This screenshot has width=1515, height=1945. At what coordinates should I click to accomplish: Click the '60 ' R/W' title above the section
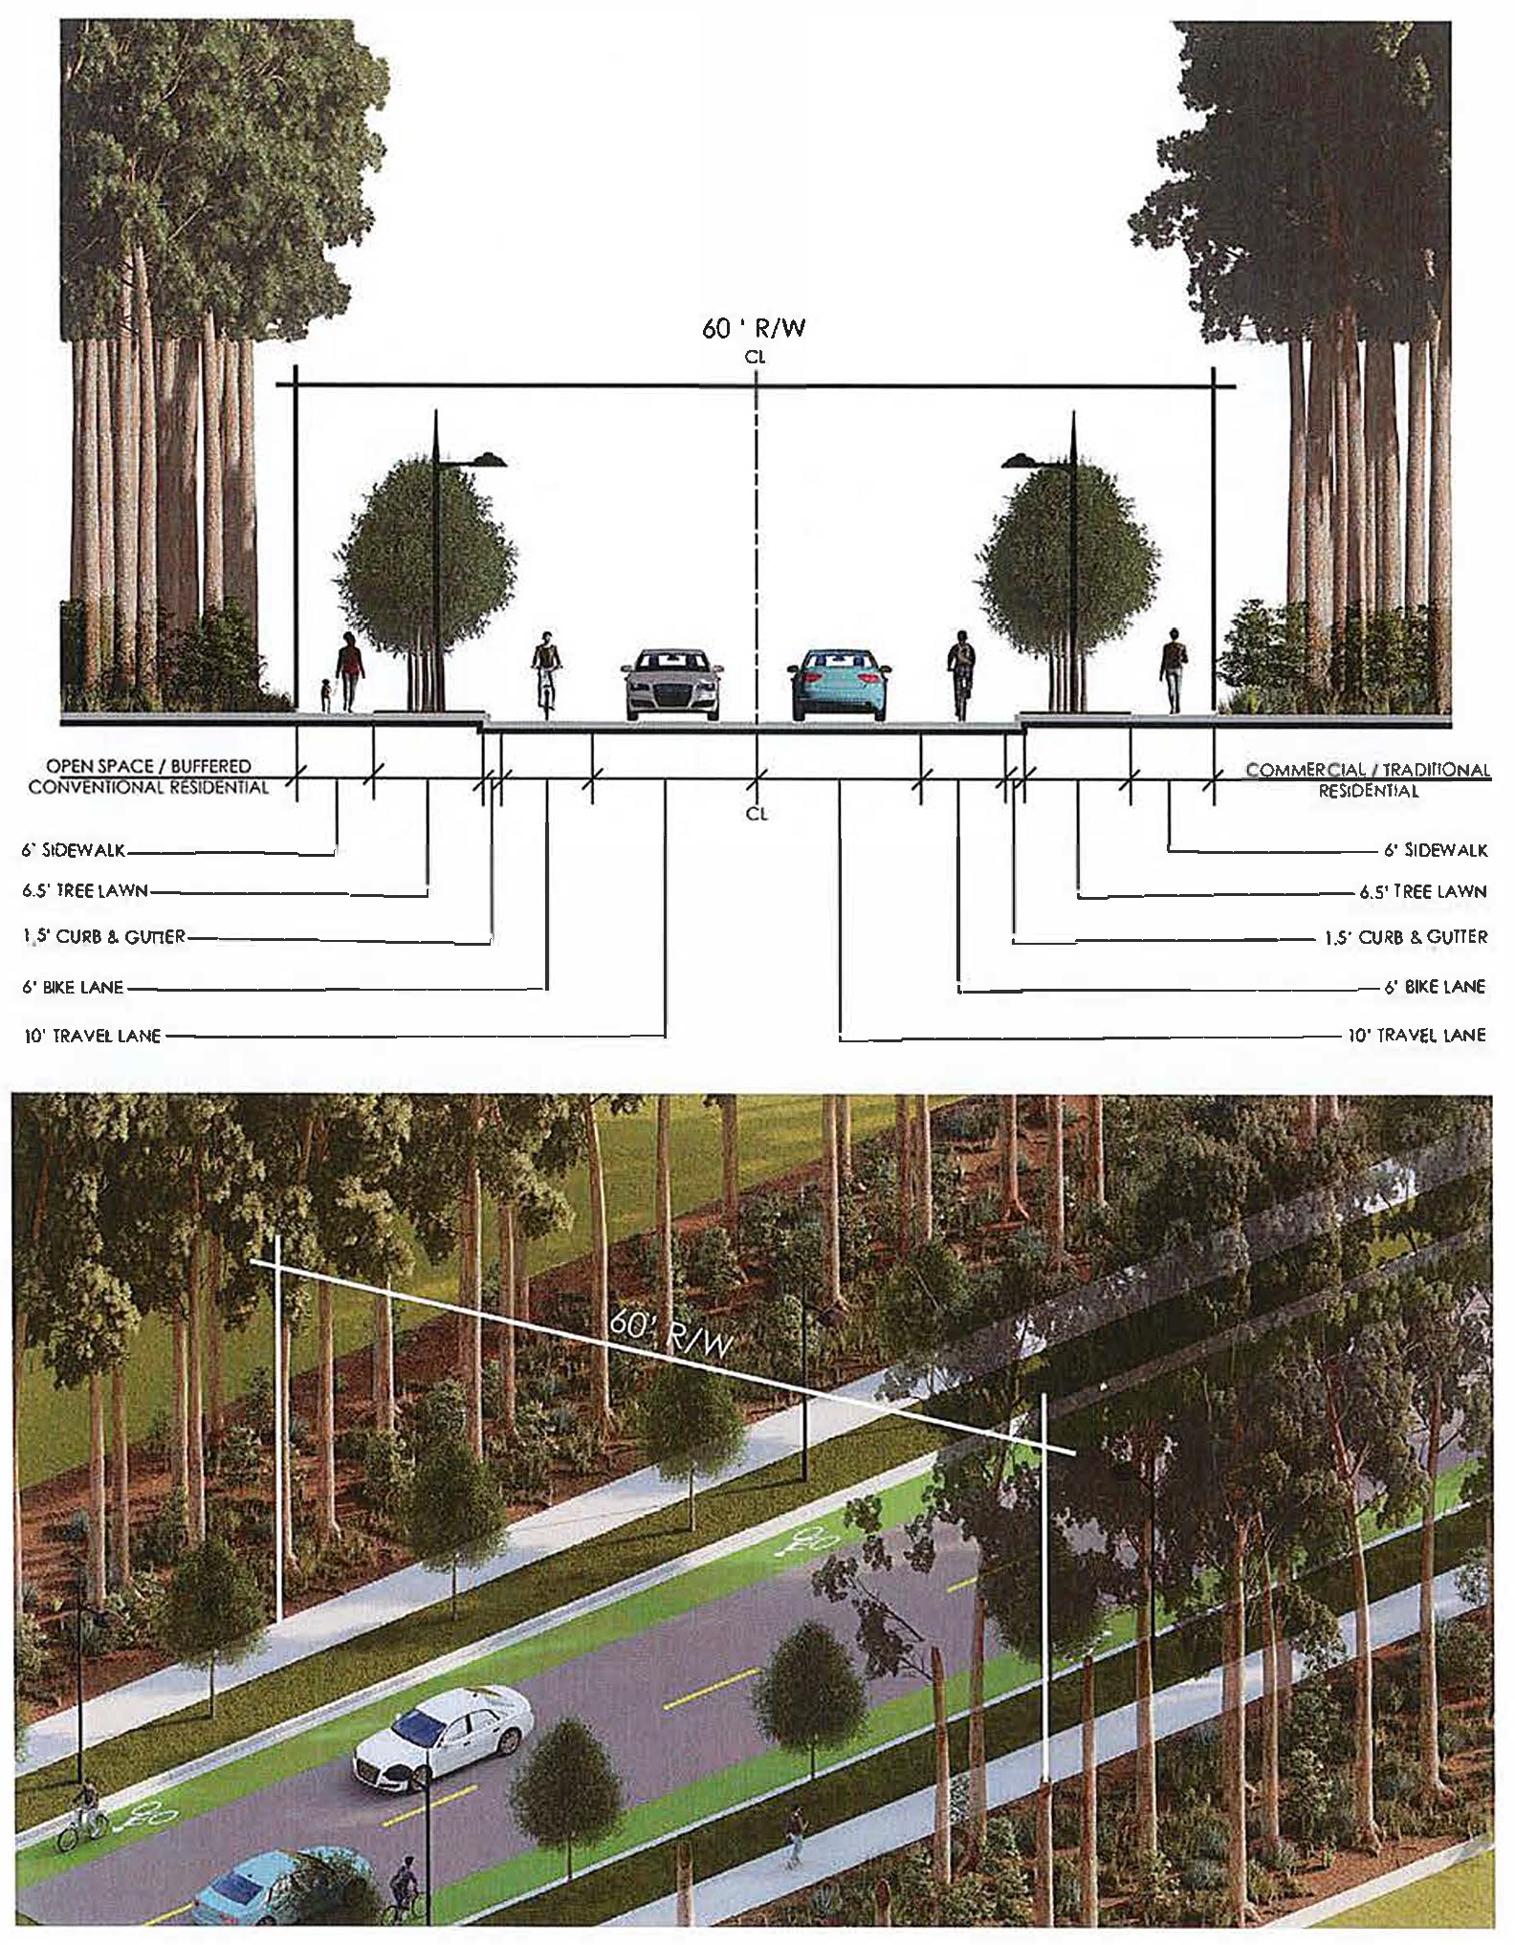click(755, 329)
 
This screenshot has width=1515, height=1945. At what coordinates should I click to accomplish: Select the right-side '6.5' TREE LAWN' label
click(1423, 892)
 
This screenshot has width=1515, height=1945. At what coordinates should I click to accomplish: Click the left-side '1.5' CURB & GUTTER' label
click(104, 937)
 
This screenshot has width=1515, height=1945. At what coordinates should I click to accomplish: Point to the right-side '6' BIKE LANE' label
click(1435, 987)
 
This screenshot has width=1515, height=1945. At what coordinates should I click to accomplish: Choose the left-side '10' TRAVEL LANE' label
click(92, 1036)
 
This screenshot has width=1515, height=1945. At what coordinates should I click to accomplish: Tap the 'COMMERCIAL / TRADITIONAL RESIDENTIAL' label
click(1368, 779)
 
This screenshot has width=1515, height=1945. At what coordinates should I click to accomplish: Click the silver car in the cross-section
click(672, 685)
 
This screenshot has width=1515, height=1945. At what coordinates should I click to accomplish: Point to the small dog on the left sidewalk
click(326, 694)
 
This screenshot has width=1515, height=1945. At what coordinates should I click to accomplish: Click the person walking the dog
click(349, 673)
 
